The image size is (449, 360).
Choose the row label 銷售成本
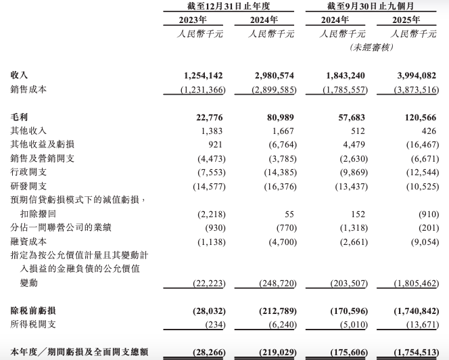pyautogui.click(x=29, y=89)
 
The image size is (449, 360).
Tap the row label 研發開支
pyautogui.click(x=29, y=186)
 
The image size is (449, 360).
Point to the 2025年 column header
pyautogui.click(x=409, y=20)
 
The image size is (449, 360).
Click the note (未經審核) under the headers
pyautogui.click(x=371, y=47)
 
